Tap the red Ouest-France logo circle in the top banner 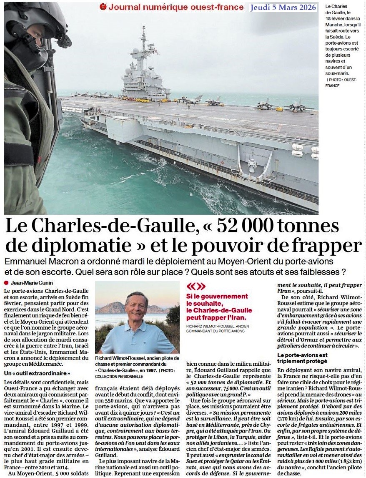click(103, 7)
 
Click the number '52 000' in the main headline click(246, 227)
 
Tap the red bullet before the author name click(6, 282)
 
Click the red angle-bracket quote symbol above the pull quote click(196, 287)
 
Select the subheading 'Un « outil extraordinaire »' click(37, 373)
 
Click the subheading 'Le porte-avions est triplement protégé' click(303, 357)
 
